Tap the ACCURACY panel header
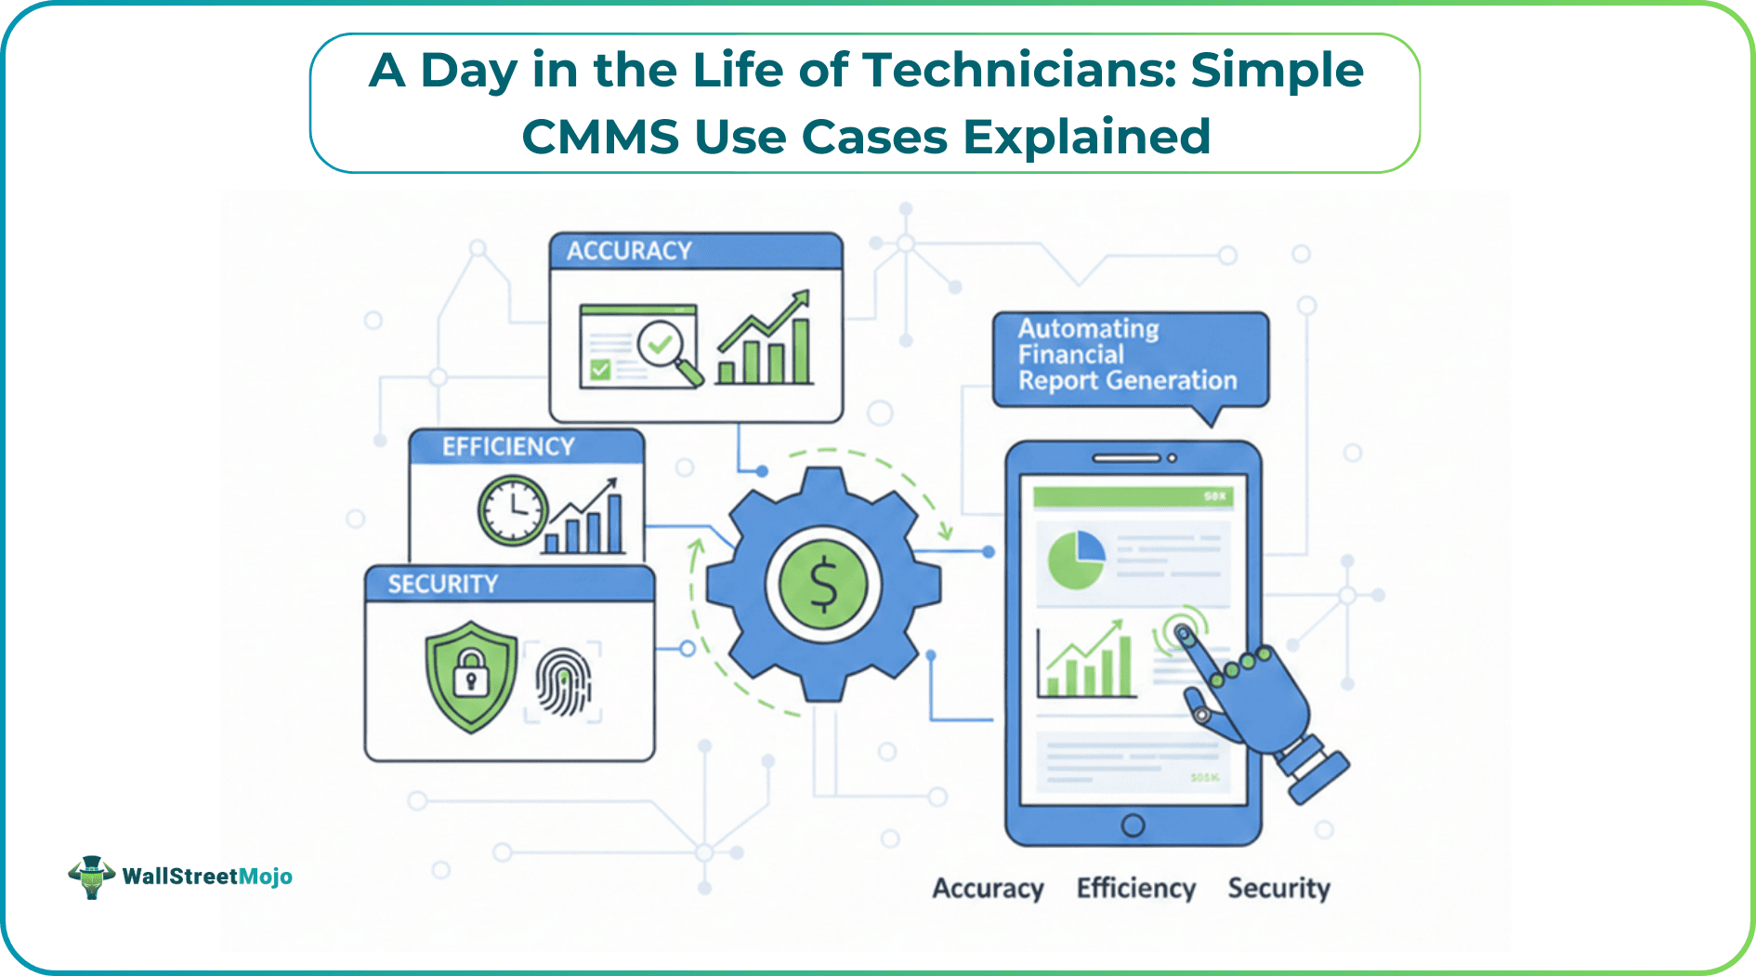(x=696, y=251)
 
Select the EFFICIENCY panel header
(x=526, y=447)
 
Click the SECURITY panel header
(x=509, y=584)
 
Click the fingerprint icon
(x=563, y=682)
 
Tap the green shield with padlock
(x=471, y=676)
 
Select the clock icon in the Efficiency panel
(x=511, y=510)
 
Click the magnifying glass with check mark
(x=667, y=350)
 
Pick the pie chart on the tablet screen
(x=1076, y=560)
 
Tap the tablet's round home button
(x=1133, y=824)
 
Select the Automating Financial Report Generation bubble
(x=1129, y=356)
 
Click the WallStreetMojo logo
(x=180, y=876)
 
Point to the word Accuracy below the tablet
(x=988, y=889)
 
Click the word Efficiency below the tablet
(x=1135, y=889)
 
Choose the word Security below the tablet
(x=1278, y=889)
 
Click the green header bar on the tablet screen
(x=1133, y=496)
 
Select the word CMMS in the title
(x=600, y=138)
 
